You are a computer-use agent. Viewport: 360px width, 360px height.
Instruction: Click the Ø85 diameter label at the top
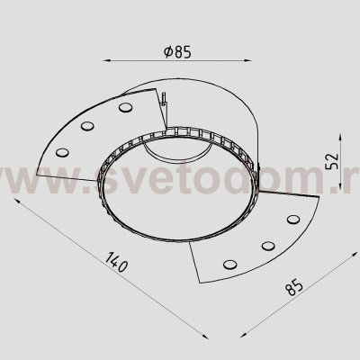click(x=178, y=52)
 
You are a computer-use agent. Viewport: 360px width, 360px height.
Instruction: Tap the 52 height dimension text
click(x=331, y=162)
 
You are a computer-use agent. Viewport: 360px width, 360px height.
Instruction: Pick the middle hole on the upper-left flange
click(x=89, y=126)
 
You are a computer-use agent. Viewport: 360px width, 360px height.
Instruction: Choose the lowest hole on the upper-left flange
click(x=61, y=151)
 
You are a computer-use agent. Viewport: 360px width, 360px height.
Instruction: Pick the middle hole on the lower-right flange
click(x=266, y=245)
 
